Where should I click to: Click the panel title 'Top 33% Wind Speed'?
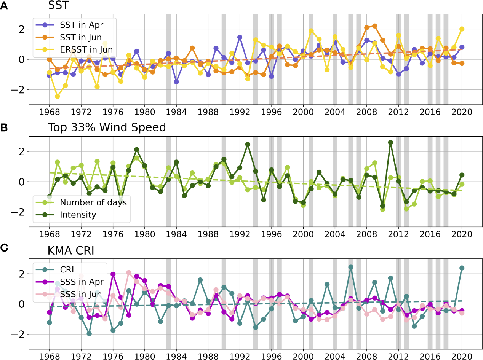107,127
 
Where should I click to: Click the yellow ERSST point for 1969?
58,96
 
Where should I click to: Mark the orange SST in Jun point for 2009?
375,26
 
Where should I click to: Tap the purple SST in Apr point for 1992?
240,37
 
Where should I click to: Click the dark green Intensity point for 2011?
390,142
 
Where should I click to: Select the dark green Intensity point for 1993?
248,144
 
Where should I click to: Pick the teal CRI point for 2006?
351,267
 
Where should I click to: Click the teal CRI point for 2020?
462,268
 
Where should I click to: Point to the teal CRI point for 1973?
89,333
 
